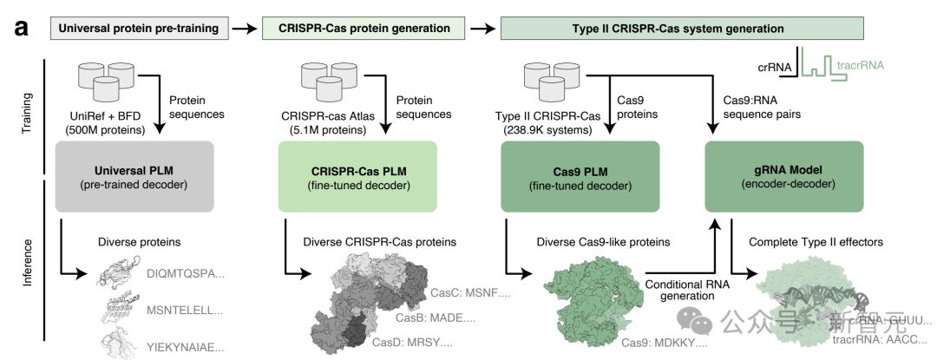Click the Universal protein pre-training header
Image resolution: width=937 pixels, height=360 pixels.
(139, 29)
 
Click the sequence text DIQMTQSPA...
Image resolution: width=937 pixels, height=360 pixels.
(185, 274)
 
